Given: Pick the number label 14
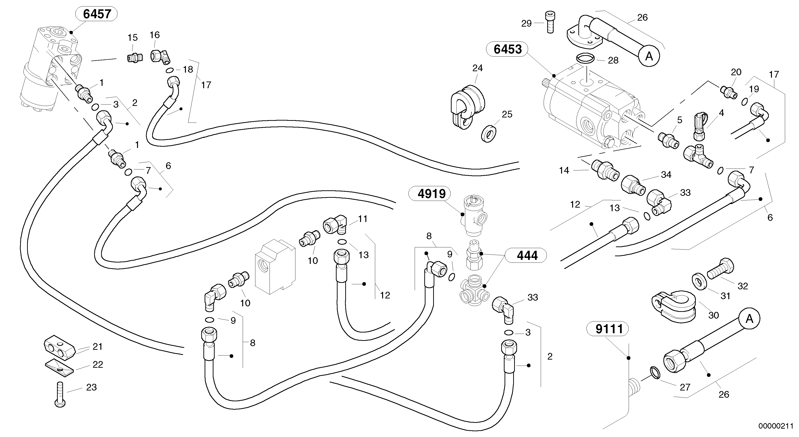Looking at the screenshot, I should [564, 170].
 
